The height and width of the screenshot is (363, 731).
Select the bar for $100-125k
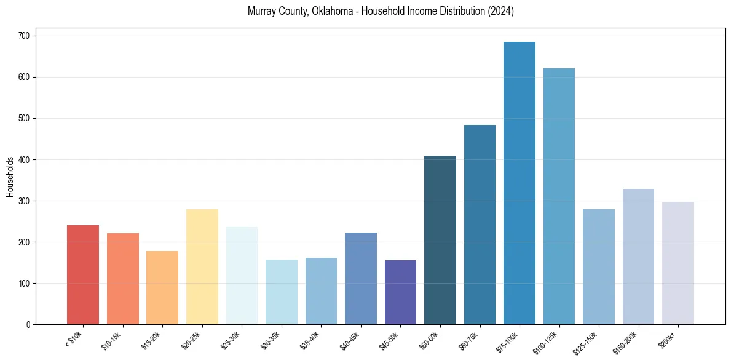click(x=559, y=196)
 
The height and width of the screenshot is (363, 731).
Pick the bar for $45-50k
click(x=400, y=292)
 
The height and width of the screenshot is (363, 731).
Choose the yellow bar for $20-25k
click(x=202, y=267)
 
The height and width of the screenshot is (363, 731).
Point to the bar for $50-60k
click(x=440, y=240)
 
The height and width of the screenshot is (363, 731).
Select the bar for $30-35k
click(x=282, y=292)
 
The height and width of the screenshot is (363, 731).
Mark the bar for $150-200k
click(x=638, y=257)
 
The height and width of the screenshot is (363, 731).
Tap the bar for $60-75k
click(x=480, y=225)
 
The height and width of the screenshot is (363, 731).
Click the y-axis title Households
click(x=10, y=177)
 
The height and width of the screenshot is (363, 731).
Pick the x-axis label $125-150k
click(x=587, y=342)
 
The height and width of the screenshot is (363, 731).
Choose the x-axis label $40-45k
click(x=350, y=340)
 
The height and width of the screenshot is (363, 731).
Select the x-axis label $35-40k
click(x=310, y=340)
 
